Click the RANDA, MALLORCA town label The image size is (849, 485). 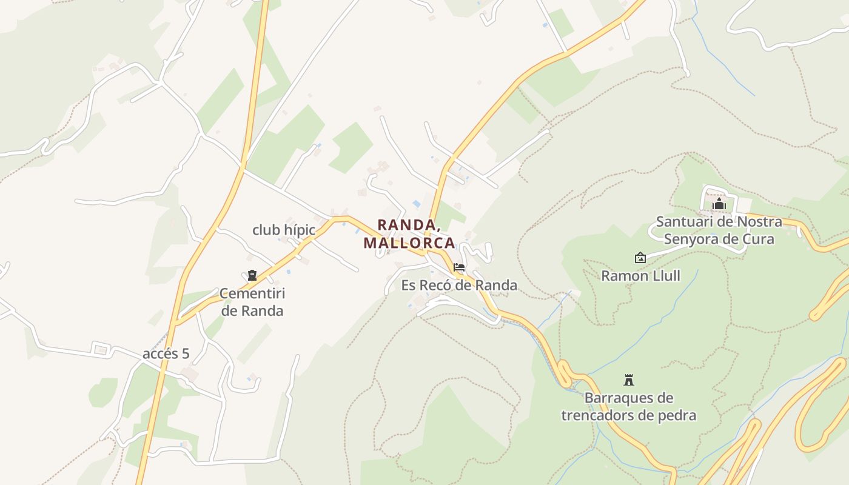409,234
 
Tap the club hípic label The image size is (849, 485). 284,230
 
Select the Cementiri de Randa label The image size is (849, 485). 252,302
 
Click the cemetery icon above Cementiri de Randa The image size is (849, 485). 252,276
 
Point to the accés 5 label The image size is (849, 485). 166,354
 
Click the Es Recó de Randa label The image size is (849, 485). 459,285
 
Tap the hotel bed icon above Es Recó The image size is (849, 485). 459,267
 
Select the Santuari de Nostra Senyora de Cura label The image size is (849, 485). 719,230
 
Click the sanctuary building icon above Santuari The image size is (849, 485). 719,204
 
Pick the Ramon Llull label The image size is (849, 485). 640,276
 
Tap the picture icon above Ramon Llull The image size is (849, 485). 640,258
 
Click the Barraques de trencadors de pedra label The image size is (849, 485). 629,407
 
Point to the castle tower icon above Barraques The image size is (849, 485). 629,380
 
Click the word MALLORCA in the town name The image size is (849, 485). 409,243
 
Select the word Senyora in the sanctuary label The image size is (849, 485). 693,239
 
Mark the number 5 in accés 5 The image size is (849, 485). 185,354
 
